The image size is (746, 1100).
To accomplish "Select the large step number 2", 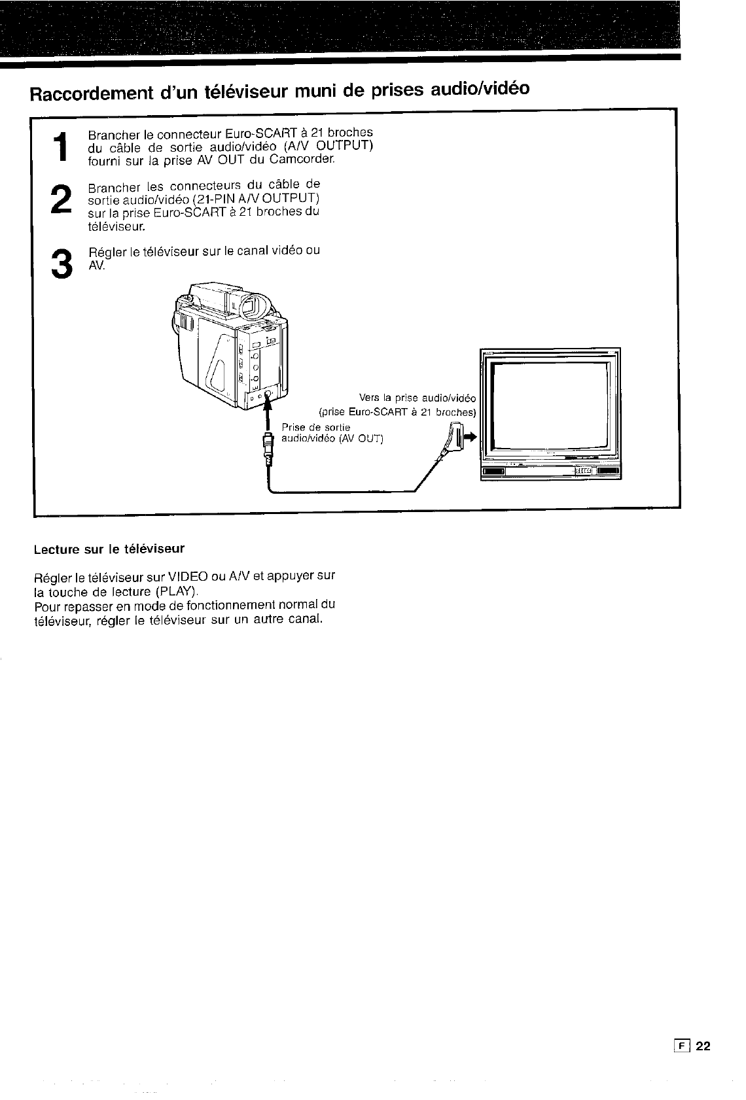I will coord(61,198).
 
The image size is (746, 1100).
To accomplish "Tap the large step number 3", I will coord(61,263).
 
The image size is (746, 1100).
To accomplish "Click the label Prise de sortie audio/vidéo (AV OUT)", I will coord(332,433).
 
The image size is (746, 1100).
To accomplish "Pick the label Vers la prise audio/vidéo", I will coord(419,398).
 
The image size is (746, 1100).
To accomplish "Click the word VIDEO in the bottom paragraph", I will coord(188,576).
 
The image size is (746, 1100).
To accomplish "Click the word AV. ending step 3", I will coord(96,266).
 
